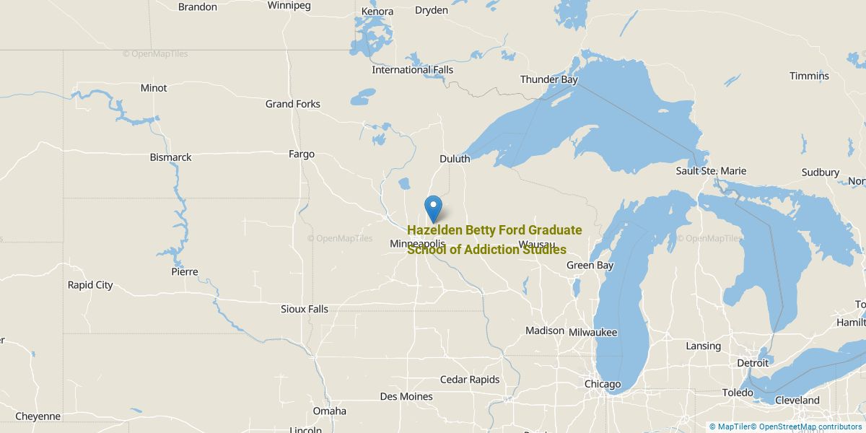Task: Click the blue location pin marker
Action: click(x=433, y=208)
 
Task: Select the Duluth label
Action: click(x=455, y=159)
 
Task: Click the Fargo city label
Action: click(x=302, y=154)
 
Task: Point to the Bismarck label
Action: click(x=170, y=157)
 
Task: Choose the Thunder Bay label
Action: click(x=548, y=79)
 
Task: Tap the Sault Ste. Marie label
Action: click(x=711, y=171)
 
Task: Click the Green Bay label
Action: click(x=590, y=266)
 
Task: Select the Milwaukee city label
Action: click(x=592, y=332)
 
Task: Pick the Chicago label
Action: click(x=602, y=384)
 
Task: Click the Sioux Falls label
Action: click(x=304, y=309)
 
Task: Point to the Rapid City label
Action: click(x=90, y=285)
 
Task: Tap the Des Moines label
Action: click(x=406, y=396)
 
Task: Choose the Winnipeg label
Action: click(x=289, y=6)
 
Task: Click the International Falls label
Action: click(x=412, y=70)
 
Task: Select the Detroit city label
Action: click(x=753, y=362)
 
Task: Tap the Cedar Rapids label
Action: click(x=470, y=380)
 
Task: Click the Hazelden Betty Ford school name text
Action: click(x=494, y=240)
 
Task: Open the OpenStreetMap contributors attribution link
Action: click(x=810, y=427)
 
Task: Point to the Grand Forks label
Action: click(x=292, y=104)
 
